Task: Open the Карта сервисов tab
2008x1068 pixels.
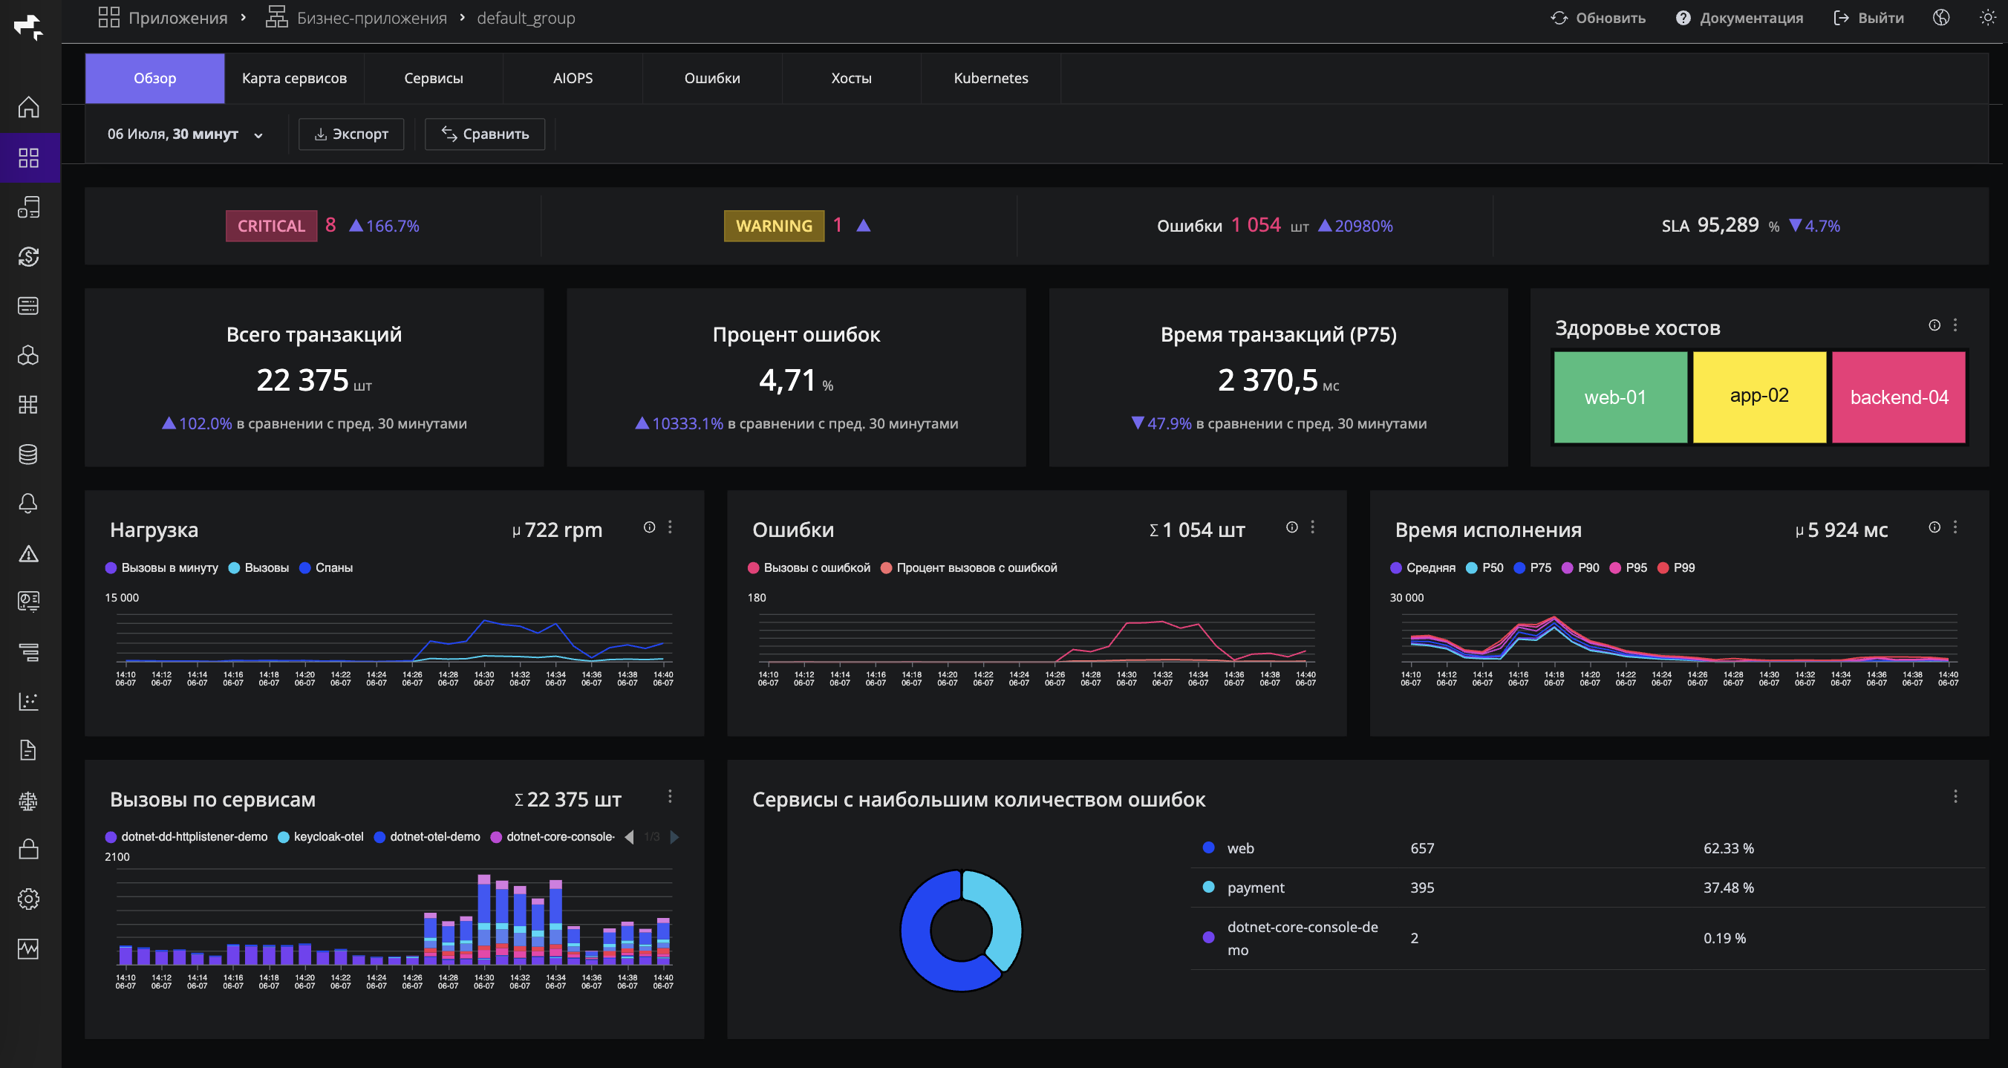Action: coord(294,78)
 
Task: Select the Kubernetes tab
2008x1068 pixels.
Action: coord(991,78)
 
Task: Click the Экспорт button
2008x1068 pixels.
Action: coord(351,134)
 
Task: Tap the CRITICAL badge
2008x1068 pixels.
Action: coord(271,226)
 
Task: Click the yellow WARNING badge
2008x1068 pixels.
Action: coord(774,226)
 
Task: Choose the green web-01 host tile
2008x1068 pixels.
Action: coord(1620,397)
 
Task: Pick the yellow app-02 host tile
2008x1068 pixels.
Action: coord(1759,397)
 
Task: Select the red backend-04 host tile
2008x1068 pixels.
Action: coord(1899,397)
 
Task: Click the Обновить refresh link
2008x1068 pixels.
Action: coord(1598,18)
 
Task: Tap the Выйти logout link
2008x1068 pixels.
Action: coord(1868,18)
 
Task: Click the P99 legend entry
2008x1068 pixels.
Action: coord(1676,567)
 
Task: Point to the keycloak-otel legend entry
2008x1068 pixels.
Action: coord(320,836)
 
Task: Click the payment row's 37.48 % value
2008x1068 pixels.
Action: coord(1728,887)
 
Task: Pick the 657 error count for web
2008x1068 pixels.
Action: coord(1422,848)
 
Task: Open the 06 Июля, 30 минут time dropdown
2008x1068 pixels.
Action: coord(185,134)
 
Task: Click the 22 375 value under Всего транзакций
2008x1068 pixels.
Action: coord(302,380)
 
